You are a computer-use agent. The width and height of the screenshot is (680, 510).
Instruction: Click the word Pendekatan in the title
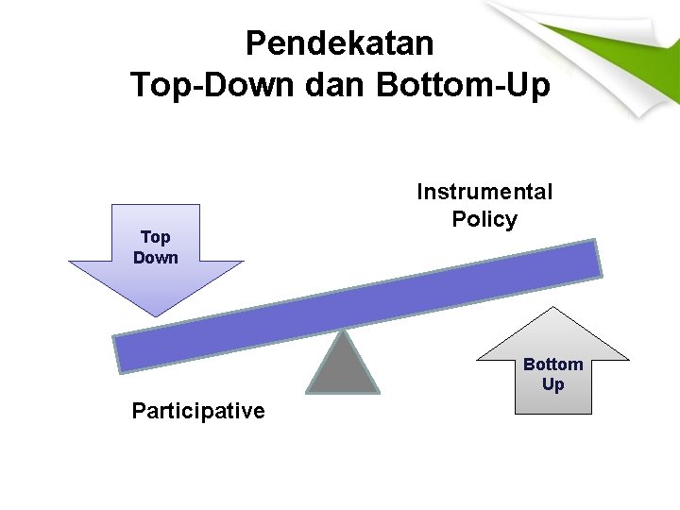[339, 43]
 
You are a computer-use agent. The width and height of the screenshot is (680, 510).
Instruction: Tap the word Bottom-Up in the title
[463, 85]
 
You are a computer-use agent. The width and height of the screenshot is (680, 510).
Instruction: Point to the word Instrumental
[484, 193]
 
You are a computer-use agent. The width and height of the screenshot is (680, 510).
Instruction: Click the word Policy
[484, 220]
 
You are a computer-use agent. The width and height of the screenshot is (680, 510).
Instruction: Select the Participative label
[198, 411]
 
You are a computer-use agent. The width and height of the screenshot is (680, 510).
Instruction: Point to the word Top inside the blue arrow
[156, 238]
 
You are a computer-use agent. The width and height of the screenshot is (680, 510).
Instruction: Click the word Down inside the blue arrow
[156, 257]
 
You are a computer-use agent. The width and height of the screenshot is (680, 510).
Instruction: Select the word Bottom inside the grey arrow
[552, 365]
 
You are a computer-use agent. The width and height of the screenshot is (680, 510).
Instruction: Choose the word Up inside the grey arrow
[552, 384]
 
